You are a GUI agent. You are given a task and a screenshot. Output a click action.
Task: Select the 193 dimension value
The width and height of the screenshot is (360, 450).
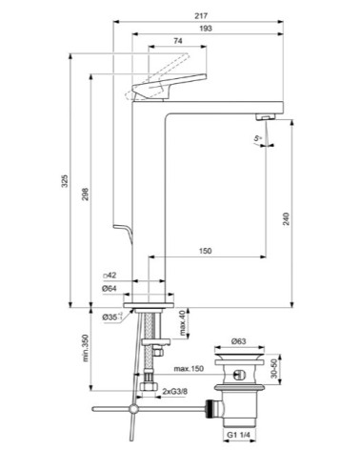[x=205, y=29]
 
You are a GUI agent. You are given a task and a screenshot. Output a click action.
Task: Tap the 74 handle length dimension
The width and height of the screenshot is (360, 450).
[x=178, y=41]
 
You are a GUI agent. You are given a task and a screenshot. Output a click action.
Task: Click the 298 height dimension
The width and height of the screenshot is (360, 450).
[x=85, y=194]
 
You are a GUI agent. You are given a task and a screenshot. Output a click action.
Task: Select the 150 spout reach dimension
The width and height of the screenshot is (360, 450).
[x=205, y=252]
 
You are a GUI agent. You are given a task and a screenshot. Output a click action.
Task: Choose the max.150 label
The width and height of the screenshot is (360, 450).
[x=188, y=368]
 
